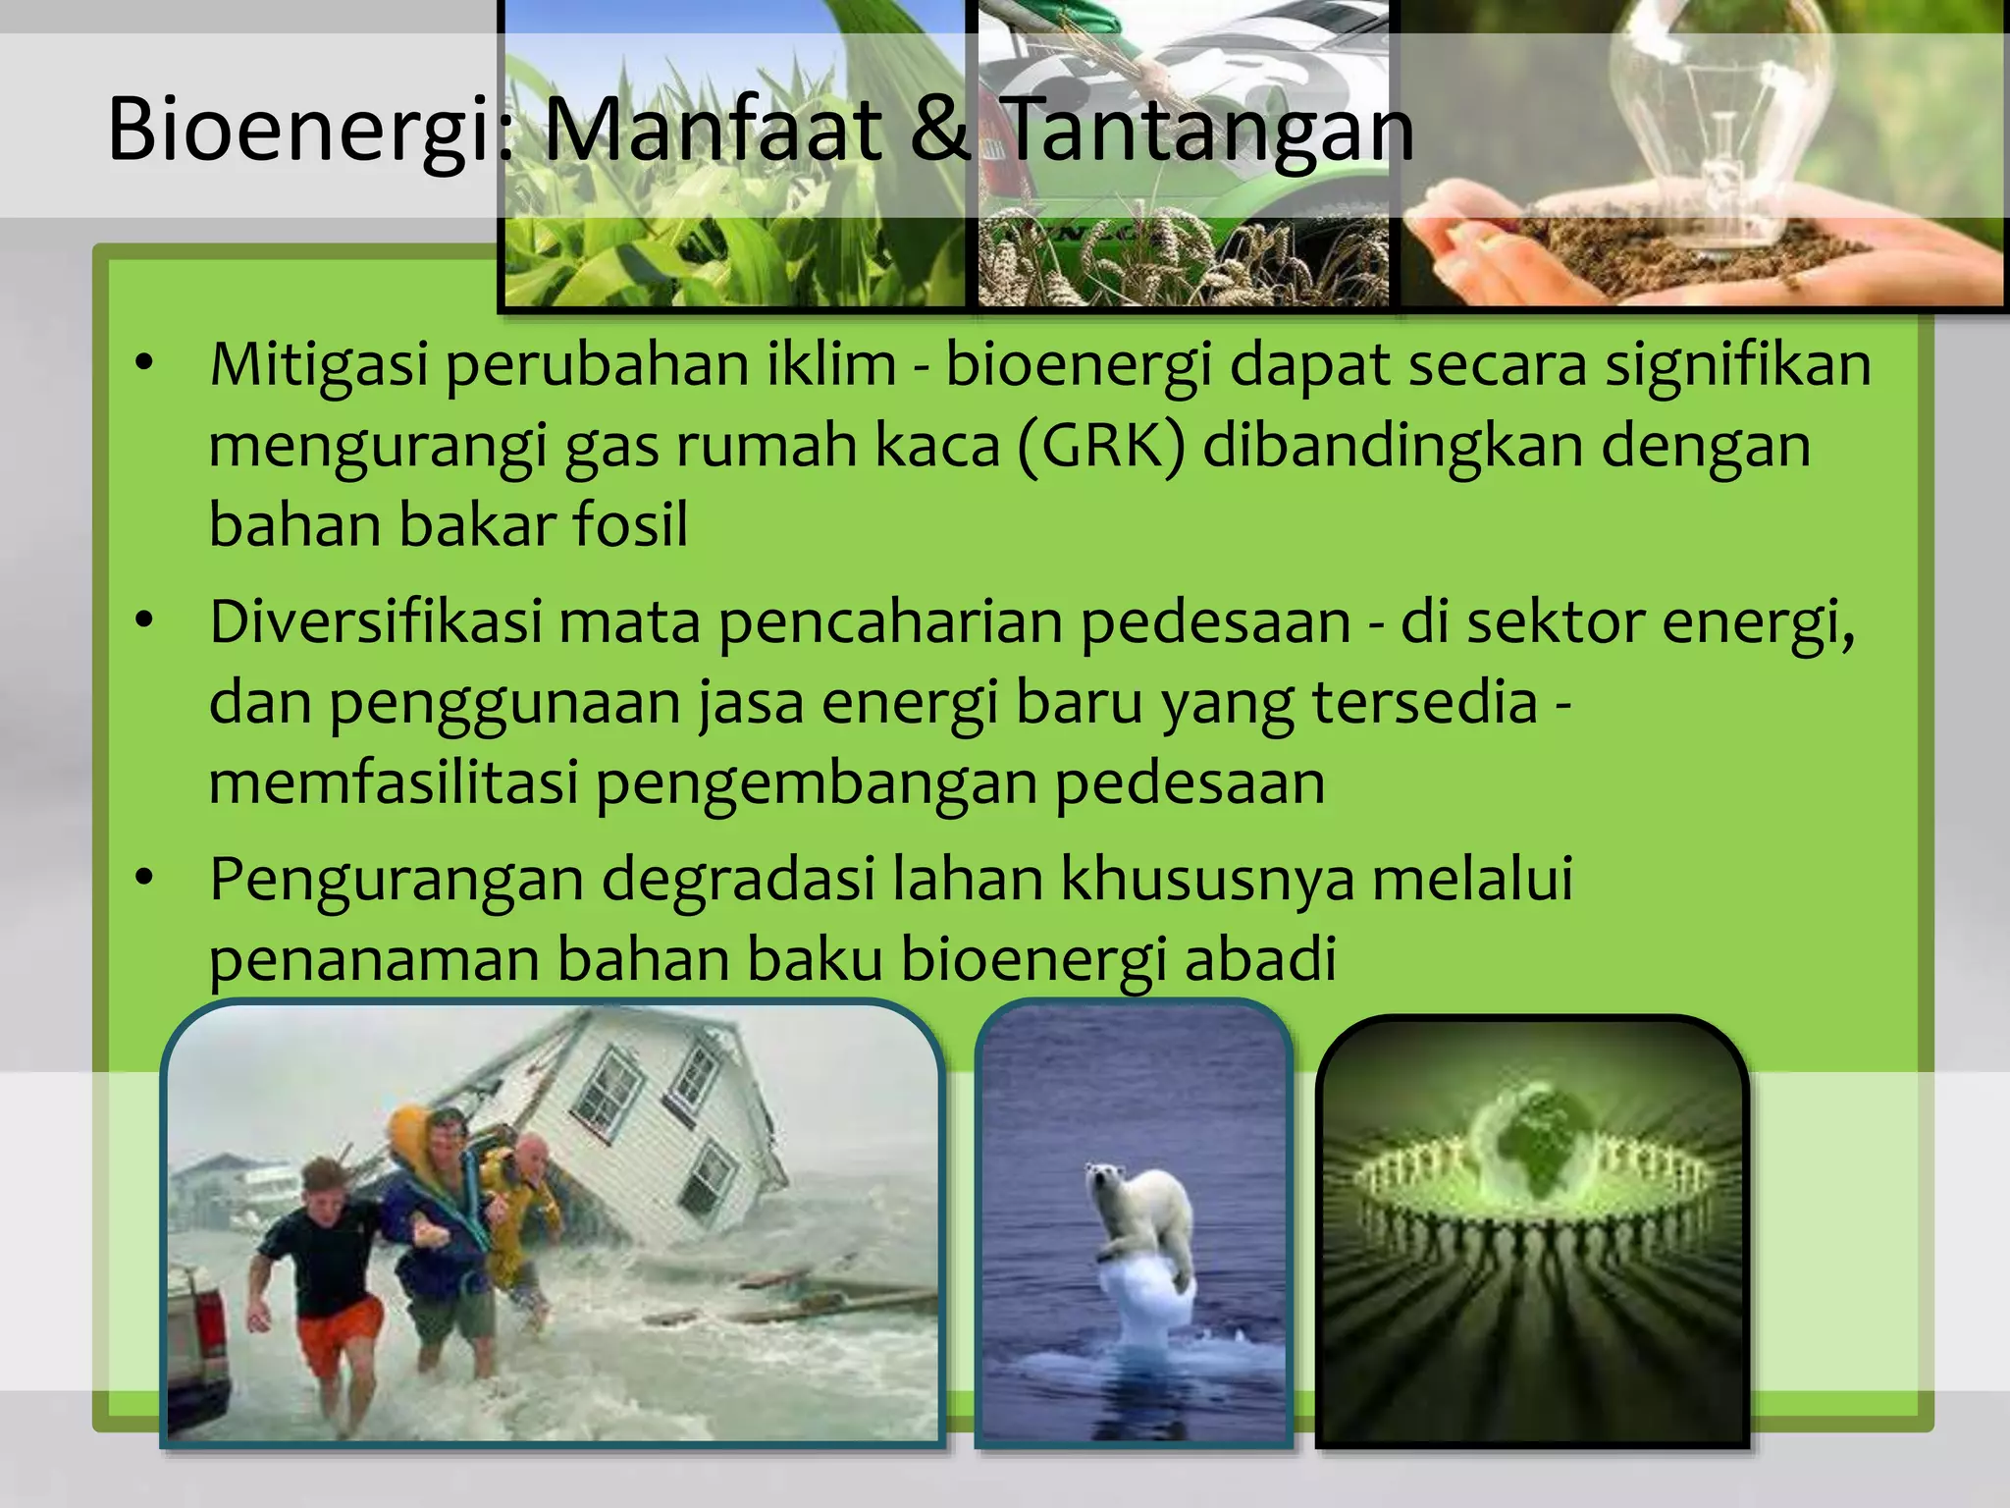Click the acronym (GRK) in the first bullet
click(x=1101, y=446)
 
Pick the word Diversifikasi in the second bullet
click(x=375, y=622)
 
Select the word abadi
click(x=1260, y=958)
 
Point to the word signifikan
click(x=1737, y=365)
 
